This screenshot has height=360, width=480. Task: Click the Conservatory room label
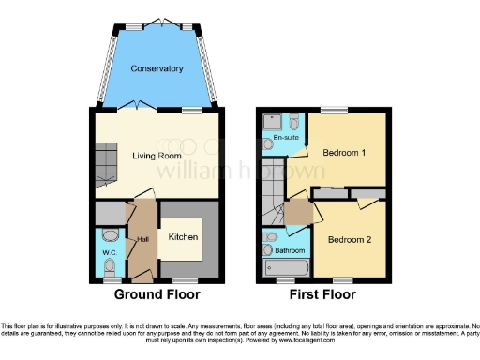point(157,68)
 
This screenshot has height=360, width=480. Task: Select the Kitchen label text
point(183,237)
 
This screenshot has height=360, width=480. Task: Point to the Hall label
point(142,240)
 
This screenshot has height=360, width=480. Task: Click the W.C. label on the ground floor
point(109,250)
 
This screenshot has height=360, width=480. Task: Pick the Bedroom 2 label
point(349,240)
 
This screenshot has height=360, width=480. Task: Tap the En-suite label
point(285,140)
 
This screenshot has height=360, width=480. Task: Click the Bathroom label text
point(290,250)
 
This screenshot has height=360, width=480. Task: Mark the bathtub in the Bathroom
point(287,268)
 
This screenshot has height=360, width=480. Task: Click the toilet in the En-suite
point(294,123)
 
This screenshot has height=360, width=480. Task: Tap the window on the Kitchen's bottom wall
point(184,279)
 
